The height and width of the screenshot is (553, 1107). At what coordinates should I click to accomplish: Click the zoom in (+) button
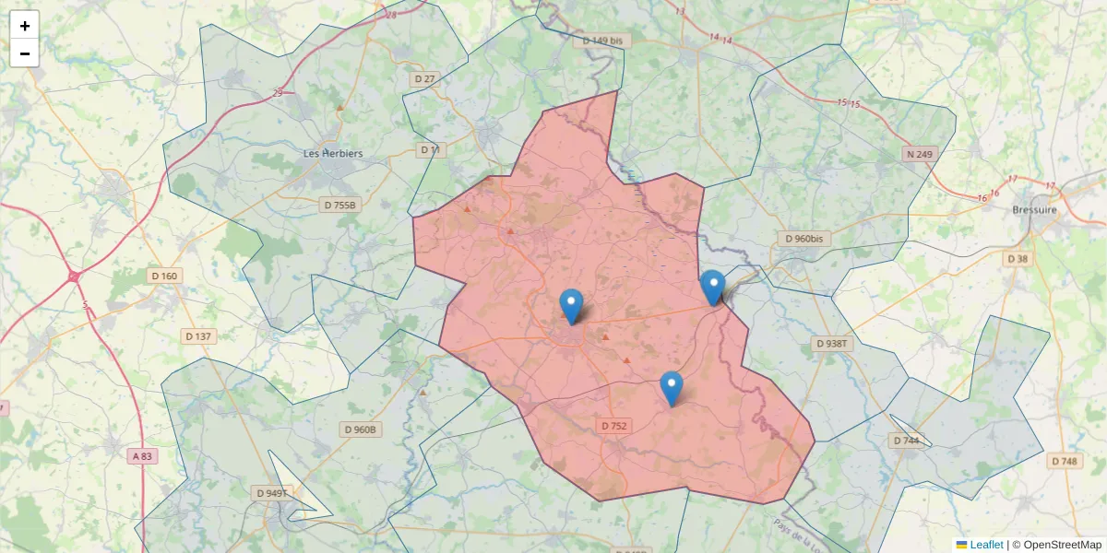tap(25, 26)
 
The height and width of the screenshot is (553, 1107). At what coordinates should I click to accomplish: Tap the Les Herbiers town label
tap(333, 153)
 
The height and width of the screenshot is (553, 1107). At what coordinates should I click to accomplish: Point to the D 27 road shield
tap(424, 79)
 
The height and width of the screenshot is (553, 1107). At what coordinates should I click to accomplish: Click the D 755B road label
tap(339, 205)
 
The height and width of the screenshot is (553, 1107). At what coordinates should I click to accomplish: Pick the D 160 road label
tap(163, 276)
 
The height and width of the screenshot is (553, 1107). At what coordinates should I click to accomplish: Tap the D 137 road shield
tap(198, 336)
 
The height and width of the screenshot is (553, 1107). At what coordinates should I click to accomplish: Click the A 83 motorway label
tap(141, 456)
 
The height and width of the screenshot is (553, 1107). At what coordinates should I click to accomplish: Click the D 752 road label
tap(613, 426)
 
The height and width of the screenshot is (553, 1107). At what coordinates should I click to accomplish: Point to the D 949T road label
tap(272, 493)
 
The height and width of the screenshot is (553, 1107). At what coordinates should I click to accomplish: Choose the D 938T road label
tap(832, 343)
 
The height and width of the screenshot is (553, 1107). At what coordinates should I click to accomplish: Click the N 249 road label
tap(919, 154)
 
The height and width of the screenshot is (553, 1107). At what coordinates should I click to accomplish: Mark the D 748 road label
tap(1064, 461)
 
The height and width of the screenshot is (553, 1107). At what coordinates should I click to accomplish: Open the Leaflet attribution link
tap(985, 545)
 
